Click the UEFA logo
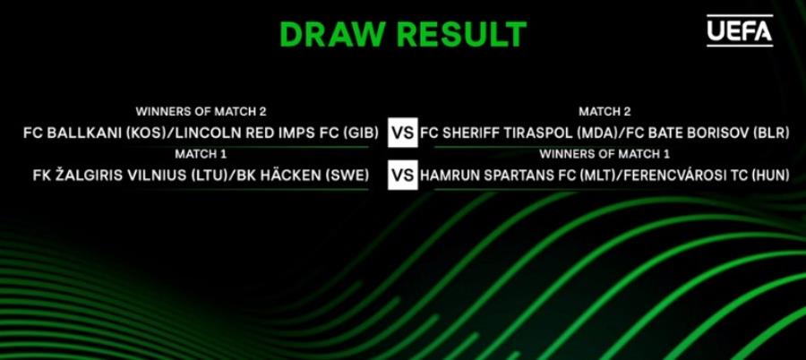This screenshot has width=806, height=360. click(x=740, y=30)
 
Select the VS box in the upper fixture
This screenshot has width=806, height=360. click(x=402, y=133)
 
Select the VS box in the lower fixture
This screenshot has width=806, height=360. click(x=402, y=176)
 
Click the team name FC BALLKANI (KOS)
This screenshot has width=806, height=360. click(x=96, y=133)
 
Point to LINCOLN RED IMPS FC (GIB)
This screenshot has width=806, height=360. click(x=277, y=133)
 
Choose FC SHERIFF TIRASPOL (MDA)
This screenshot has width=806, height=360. click(x=517, y=133)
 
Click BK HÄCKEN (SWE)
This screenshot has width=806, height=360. click(x=302, y=176)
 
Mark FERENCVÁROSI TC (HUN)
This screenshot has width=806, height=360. click(x=703, y=176)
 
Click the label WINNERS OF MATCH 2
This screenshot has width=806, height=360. click(x=201, y=111)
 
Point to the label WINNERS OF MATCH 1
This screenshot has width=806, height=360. click(x=604, y=154)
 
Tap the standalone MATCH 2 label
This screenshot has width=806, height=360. click(x=604, y=111)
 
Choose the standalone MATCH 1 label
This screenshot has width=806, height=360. click(x=201, y=154)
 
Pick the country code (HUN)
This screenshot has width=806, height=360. click(x=770, y=176)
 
